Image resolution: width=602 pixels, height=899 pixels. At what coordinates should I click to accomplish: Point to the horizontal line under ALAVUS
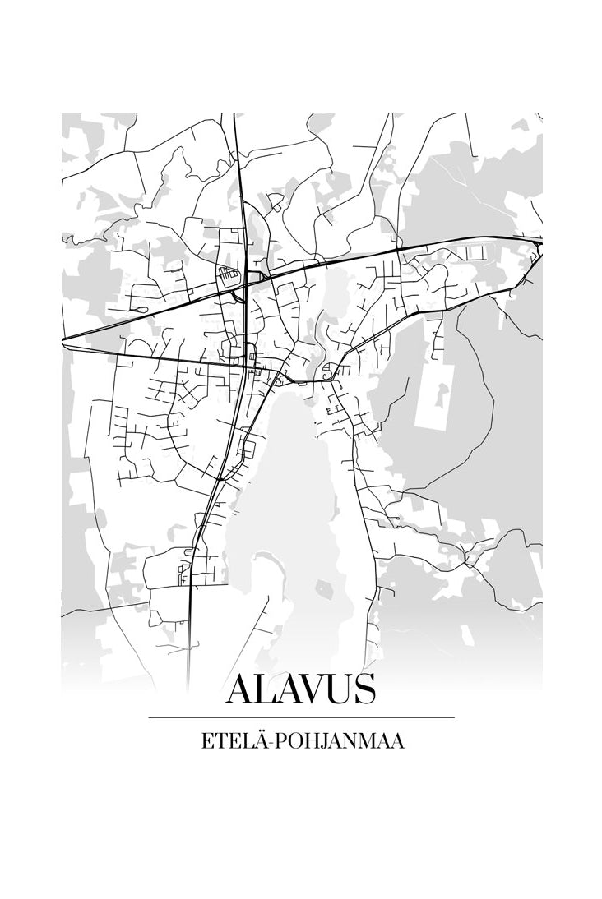click(x=301, y=717)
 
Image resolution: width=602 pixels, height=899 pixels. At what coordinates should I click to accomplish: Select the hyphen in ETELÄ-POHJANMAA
click(x=274, y=743)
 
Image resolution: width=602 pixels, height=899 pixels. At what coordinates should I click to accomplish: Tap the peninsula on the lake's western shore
click(x=267, y=567)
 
